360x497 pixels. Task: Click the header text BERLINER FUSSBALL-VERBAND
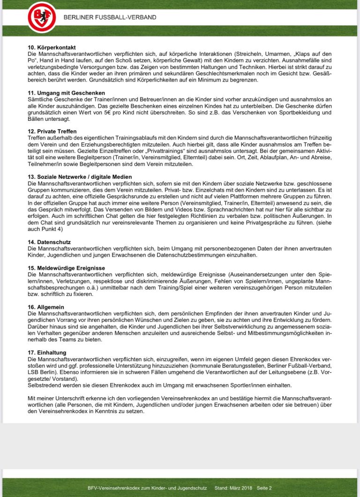coord(110,17)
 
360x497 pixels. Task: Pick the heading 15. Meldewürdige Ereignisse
coord(66,267)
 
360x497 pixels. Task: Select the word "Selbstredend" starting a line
coord(45,385)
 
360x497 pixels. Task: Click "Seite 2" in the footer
coord(263,488)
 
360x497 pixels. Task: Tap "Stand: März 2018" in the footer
coord(233,488)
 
